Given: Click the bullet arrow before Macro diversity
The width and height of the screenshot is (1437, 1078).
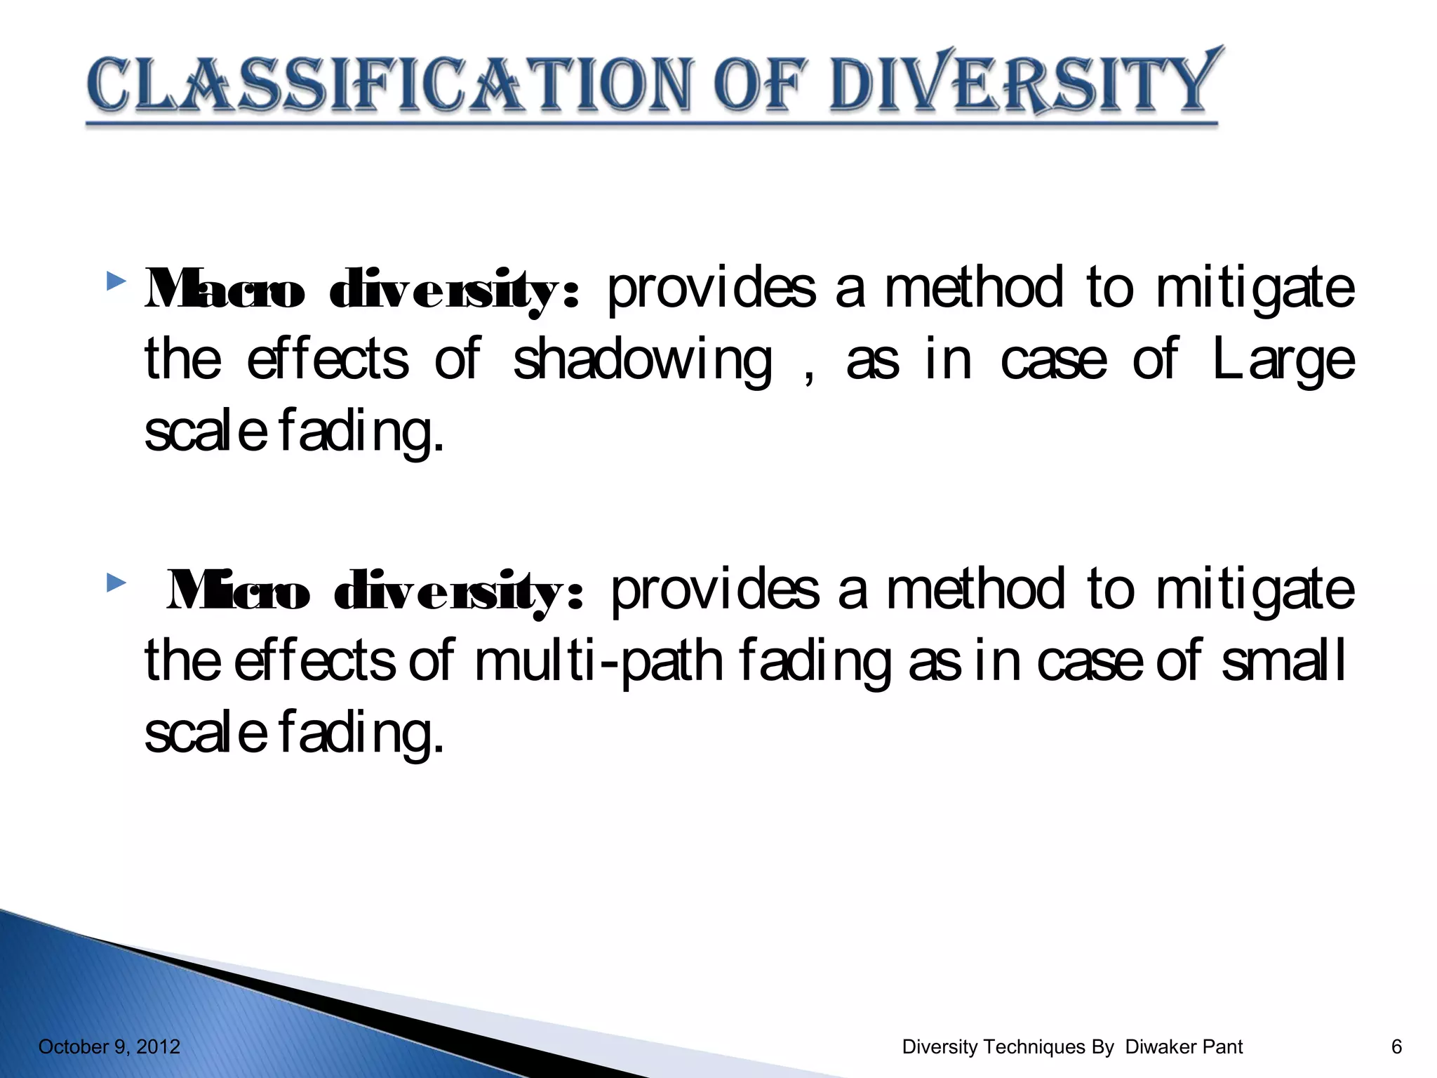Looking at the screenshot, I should point(116,282).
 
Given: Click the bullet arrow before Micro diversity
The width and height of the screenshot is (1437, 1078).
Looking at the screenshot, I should point(116,583).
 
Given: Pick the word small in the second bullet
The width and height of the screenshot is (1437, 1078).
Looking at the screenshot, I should point(1283,661).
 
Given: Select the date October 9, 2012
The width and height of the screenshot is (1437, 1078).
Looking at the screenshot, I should point(109,1047).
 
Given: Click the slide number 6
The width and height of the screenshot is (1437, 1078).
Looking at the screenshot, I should point(1396,1047).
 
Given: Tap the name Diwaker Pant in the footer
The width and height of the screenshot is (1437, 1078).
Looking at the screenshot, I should point(1184,1047).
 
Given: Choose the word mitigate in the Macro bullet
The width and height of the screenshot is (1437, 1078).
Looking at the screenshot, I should point(1255,289).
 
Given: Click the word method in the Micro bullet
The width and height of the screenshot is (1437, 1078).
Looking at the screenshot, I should point(975,590).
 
